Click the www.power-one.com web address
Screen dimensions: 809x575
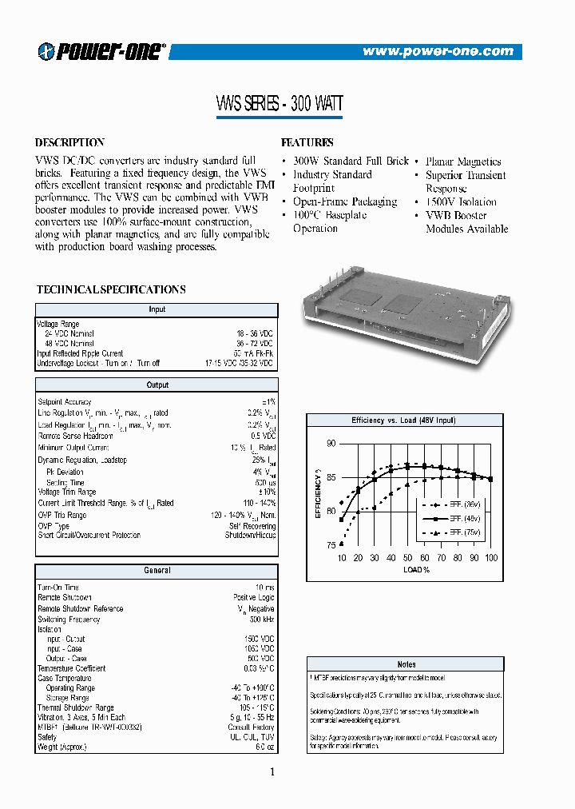438,51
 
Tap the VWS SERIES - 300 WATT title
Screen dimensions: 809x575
280,103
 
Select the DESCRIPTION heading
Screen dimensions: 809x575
70,142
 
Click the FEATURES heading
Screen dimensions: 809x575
307,142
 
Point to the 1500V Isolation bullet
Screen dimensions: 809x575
461,201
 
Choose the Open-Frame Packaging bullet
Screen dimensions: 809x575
344,201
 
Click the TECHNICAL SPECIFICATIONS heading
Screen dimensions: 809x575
111,289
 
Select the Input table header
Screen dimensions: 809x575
157,309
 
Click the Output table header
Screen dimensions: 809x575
157,385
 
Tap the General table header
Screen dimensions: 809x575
157,570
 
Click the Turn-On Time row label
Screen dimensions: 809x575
58,587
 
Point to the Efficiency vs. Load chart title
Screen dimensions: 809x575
404,420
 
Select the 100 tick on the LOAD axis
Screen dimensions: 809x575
490,557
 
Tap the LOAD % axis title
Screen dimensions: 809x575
415,570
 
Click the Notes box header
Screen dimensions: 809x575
406,664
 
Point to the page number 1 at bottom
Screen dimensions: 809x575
272,771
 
